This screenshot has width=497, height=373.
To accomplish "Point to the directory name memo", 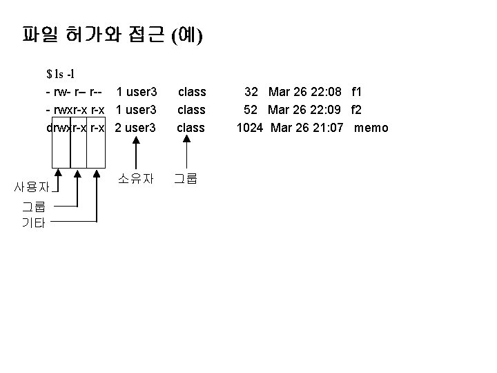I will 371,128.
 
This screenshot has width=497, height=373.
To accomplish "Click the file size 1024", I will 249,128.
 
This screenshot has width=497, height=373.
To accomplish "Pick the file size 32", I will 251,91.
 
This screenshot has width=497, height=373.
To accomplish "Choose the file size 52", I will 251,109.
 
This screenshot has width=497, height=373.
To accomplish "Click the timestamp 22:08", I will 327,91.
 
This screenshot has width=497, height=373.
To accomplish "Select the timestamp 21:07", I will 327,128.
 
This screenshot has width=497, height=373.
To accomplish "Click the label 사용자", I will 32,186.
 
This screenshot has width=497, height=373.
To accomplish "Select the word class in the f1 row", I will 192,91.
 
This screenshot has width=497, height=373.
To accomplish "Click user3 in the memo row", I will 142,128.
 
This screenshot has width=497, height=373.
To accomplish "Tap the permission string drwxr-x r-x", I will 75,128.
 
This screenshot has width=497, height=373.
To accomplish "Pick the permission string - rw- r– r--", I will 75,91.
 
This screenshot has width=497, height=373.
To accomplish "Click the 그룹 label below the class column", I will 185,178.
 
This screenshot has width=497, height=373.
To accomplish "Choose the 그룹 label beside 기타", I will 32,206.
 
